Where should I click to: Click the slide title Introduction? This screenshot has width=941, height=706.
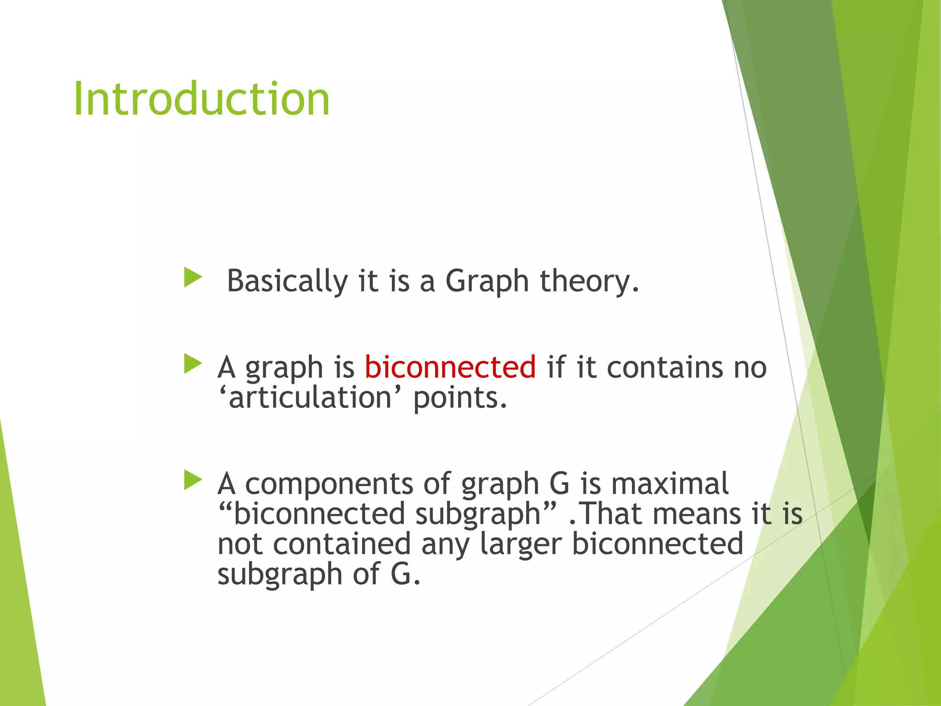click(x=201, y=98)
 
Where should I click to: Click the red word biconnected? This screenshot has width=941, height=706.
click(x=450, y=367)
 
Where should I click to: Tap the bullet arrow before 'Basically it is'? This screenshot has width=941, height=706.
click(x=193, y=278)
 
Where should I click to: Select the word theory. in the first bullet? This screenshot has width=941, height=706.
click(x=589, y=281)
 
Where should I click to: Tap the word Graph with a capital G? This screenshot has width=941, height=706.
click(x=487, y=281)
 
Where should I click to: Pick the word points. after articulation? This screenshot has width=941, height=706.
click(x=460, y=398)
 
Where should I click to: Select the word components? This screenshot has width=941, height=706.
click(x=329, y=484)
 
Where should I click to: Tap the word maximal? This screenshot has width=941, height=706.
click(x=669, y=484)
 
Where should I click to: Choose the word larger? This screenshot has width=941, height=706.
click(x=521, y=544)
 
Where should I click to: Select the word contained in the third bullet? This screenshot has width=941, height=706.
click(x=341, y=544)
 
